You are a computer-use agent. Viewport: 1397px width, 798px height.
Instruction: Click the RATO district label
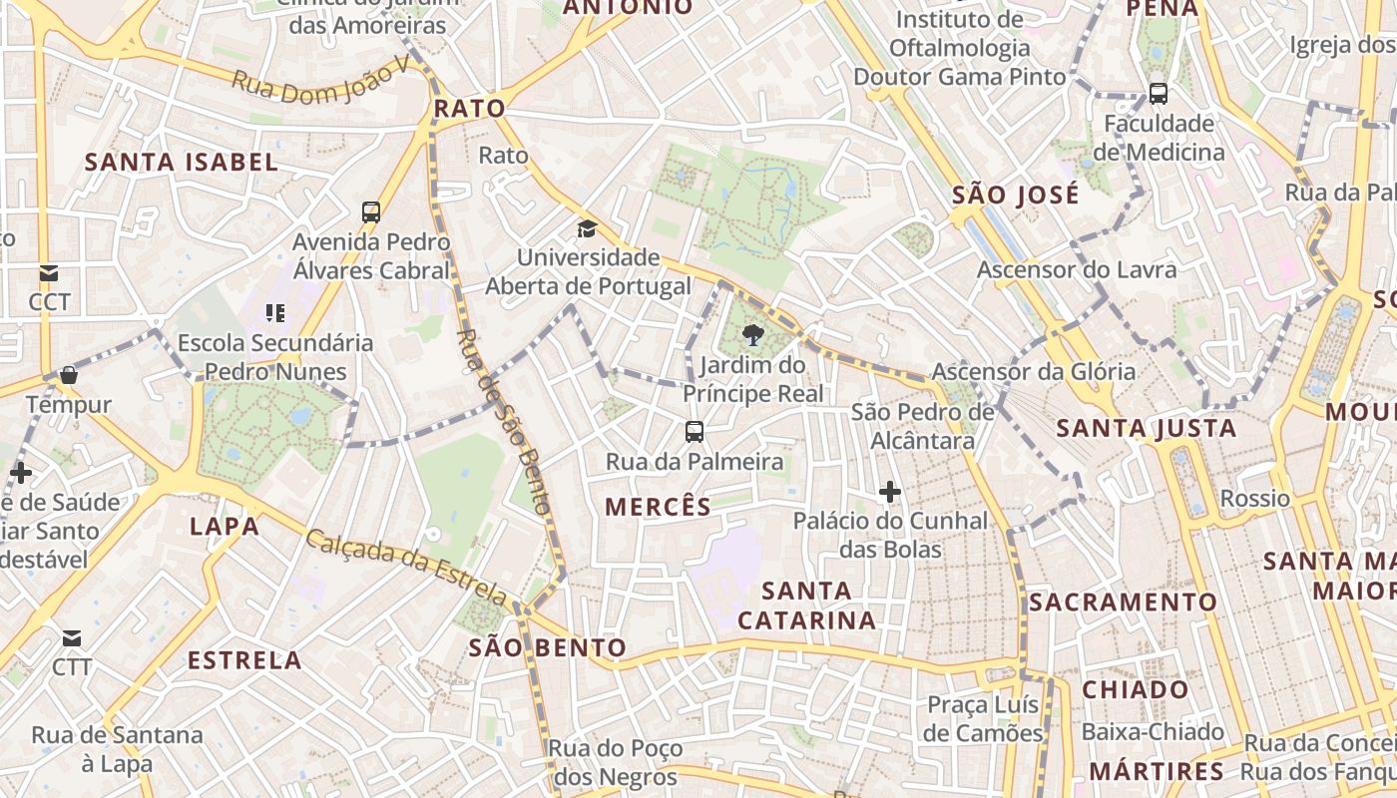pos(470,109)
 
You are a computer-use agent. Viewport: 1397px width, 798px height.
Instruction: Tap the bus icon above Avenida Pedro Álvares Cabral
pos(371,211)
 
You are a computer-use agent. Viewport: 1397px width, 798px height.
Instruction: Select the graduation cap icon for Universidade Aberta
pos(587,229)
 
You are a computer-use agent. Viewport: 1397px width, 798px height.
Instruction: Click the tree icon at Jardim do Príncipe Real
pos(753,335)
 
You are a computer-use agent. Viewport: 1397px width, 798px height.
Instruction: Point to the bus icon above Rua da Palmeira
pos(695,432)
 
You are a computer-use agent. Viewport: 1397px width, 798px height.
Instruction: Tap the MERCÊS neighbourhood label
pos(659,507)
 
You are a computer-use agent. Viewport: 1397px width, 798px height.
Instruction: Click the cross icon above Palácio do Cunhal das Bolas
pos(890,492)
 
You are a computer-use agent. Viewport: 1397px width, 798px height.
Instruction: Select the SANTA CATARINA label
pos(807,605)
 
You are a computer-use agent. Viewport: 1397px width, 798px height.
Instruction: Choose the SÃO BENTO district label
pos(548,648)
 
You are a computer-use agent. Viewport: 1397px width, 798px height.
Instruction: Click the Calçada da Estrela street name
pos(405,567)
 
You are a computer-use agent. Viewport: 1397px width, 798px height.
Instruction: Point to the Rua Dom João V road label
pos(321,79)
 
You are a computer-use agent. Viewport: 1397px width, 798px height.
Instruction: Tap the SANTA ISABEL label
pos(181,162)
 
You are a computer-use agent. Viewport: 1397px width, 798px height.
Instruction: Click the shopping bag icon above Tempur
pos(69,375)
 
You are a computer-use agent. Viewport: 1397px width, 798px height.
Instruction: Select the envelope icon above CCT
pos(49,272)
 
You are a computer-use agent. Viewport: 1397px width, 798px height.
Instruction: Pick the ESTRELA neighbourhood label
pos(244,660)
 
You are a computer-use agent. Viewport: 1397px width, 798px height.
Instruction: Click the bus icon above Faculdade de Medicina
pos(1159,94)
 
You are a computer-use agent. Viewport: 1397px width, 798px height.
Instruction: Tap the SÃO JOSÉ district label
pos(1016,195)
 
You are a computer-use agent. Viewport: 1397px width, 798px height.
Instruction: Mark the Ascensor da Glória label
pos(1033,372)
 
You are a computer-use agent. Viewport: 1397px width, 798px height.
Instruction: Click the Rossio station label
pos(1255,498)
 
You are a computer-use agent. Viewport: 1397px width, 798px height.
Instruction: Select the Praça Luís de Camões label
pos(985,719)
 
